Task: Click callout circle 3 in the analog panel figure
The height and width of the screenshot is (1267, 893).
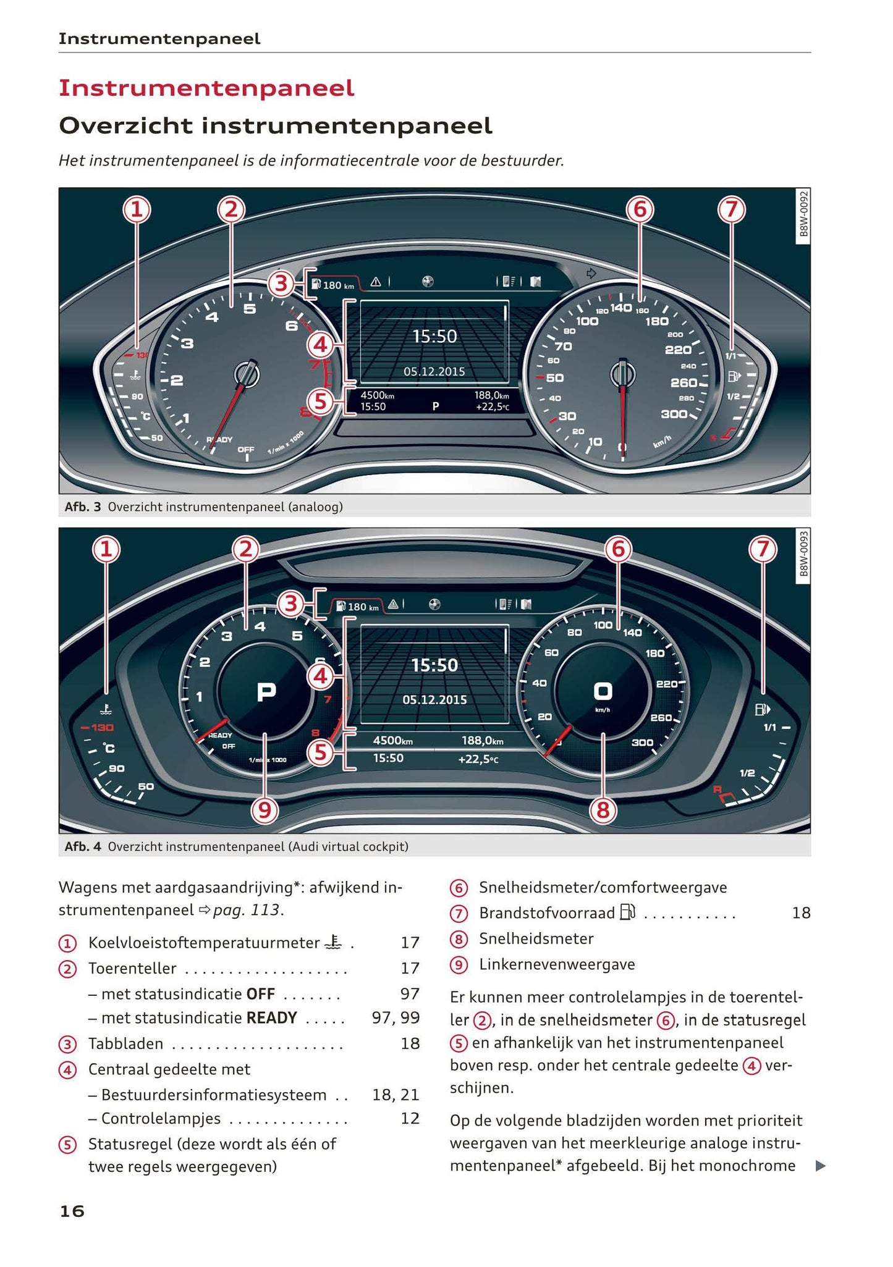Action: tap(281, 284)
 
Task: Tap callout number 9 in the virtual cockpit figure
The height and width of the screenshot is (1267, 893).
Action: tap(265, 810)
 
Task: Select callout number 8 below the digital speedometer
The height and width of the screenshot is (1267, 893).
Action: tap(603, 810)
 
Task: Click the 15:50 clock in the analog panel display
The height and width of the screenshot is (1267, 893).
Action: tap(434, 337)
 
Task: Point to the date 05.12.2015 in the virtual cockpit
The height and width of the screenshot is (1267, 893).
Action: tap(434, 700)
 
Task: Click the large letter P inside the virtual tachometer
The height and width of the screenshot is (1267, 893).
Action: tap(266, 692)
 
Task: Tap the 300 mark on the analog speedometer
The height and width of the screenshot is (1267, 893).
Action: tap(674, 414)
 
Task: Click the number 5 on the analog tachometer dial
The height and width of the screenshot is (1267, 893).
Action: tap(250, 309)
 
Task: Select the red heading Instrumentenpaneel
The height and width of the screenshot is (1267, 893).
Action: tap(206, 88)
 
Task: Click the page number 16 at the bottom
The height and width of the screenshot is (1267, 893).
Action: tap(72, 1211)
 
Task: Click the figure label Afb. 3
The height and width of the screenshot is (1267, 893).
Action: tap(82, 507)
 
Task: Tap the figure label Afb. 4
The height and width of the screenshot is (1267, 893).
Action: tap(82, 846)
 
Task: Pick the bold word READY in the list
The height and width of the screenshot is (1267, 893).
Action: tap(272, 1018)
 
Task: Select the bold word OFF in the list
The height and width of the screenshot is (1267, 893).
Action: tap(260, 994)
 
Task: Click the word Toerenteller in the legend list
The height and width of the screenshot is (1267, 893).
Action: tap(132, 969)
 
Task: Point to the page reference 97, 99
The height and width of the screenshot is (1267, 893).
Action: tap(396, 1018)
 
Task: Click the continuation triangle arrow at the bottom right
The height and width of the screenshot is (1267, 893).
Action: tap(820, 1166)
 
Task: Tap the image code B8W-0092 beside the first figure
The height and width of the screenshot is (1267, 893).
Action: tap(803, 214)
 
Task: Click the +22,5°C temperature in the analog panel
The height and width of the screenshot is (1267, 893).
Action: tap(493, 407)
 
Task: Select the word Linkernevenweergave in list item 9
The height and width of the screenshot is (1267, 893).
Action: tap(557, 964)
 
